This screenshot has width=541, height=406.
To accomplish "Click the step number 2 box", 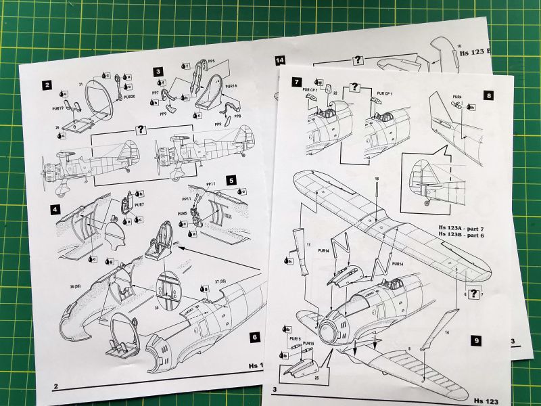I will [x=47, y=85].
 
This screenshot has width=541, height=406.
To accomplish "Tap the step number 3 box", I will [x=157, y=70].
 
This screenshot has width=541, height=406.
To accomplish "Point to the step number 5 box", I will [x=231, y=181].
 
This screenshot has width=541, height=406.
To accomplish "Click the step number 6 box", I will [x=254, y=336].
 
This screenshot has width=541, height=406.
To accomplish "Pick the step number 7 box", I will [x=296, y=82].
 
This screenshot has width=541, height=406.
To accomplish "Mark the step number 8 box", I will [x=489, y=96].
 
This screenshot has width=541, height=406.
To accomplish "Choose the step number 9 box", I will [x=476, y=340].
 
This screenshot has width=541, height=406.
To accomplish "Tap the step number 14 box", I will [x=280, y=60].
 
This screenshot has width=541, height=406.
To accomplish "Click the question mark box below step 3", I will [x=141, y=130].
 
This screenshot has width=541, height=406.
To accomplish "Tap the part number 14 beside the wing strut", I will [x=447, y=332].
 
